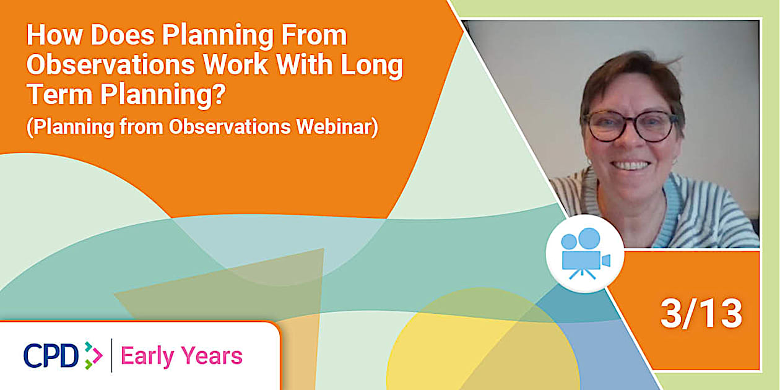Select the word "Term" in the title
coord(56,96)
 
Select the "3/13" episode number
coord(701,314)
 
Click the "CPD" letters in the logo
coord(51,355)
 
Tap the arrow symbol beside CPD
coord(93,355)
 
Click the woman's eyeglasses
coord(630,126)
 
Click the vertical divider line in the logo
coord(111,355)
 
